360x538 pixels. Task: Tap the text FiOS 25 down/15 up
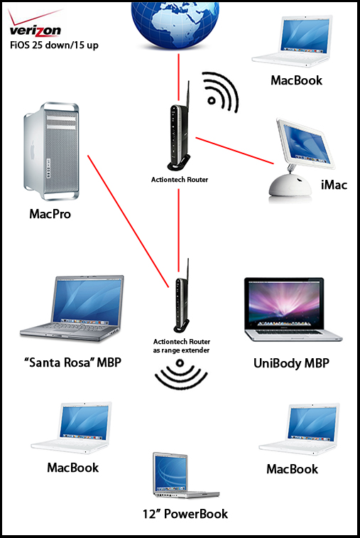[54, 45]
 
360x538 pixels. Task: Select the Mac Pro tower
[51, 151]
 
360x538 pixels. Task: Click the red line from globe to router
[179, 76]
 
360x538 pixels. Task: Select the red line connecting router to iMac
[235, 151]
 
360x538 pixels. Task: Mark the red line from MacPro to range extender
[129, 221]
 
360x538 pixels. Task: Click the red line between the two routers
[179, 230]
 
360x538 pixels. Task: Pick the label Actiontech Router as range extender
[181, 346]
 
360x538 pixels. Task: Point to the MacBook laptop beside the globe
[291, 41]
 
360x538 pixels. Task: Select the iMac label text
[334, 185]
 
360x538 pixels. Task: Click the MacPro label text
[50, 214]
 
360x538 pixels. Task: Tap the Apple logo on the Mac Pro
[33, 150]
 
